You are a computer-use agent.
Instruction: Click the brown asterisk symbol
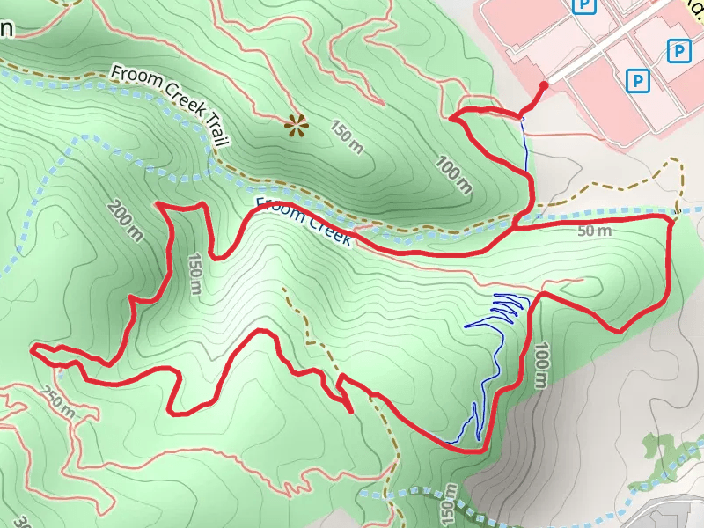pyautogui.click(x=297, y=127)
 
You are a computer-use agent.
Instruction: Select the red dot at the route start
pyautogui.click(x=544, y=85)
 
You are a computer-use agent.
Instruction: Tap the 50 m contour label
pyautogui.click(x=595, y=231)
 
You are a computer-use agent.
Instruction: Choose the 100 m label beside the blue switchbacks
pyautogui.click(x=539, y=364)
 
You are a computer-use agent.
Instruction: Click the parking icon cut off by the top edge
pyautogui.click(x=583, y=6)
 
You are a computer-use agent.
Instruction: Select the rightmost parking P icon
pyautogui.click(x=678, y=52)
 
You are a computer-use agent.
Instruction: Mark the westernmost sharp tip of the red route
pyautogui.click(x=32, y=349)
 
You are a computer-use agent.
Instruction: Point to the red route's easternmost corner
pyautogui.click(x=672, y=220)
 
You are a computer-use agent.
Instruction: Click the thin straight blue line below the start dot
pyautogui.click(x=525, y=145)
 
